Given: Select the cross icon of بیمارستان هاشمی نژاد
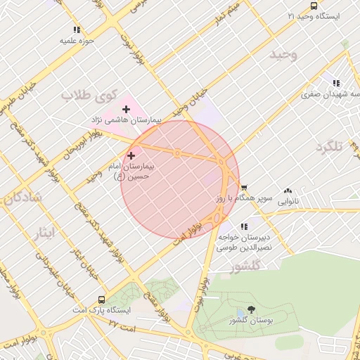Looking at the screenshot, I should coord(126,109).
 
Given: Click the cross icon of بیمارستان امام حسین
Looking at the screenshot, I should coord(131,155).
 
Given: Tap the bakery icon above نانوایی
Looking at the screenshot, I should coord(288,191).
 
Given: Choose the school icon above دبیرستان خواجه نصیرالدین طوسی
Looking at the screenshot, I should coord(244,226).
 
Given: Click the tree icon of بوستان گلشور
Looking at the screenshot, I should coord(251,309).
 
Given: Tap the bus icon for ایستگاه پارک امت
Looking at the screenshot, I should coord(103,300).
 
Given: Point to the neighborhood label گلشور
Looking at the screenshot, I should coord(245,265).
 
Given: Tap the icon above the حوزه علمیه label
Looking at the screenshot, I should coord(77,30).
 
